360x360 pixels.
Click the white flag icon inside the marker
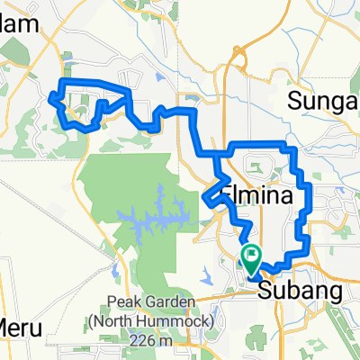point(250,256)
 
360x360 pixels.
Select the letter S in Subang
point(265,291)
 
